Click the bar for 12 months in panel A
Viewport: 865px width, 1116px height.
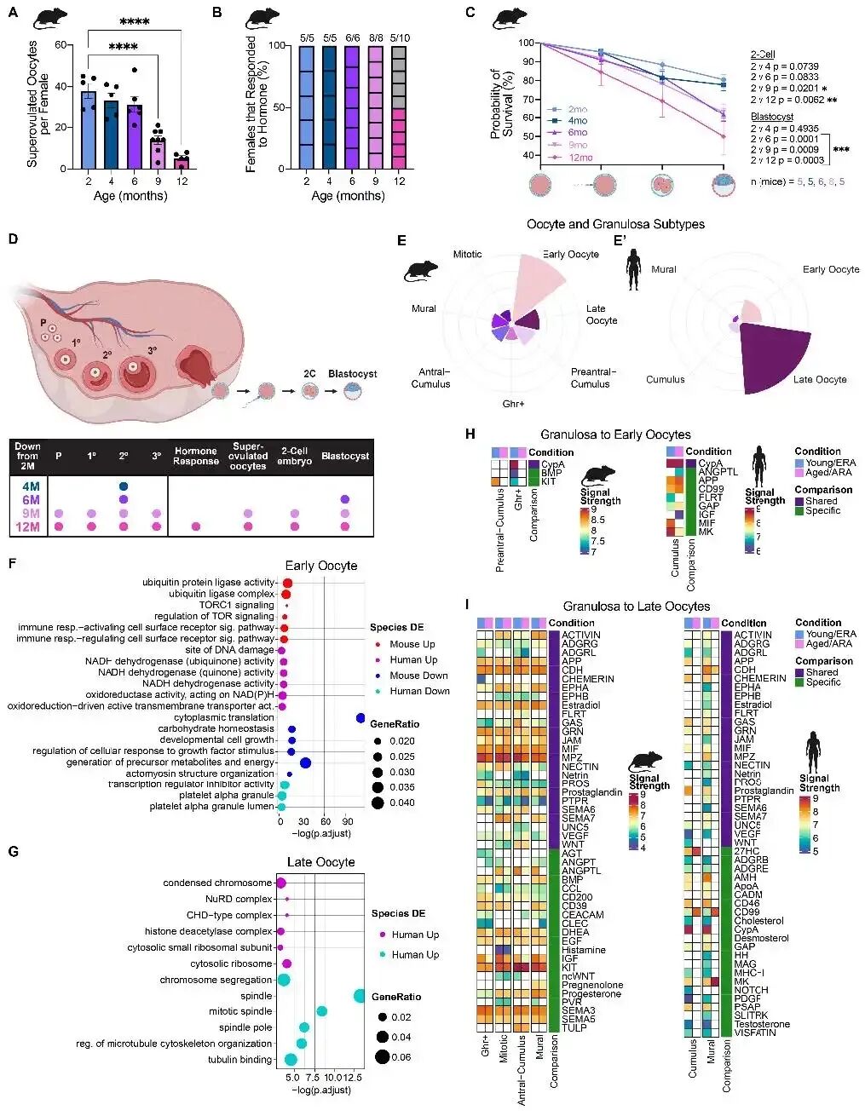click(x=181, y=163)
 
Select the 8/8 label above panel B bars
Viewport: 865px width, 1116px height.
click(x=376, y=37)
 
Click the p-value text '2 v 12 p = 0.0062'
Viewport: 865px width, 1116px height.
click(x=787, y=100)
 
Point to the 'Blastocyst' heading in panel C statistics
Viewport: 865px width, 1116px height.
click(x=771, y=117)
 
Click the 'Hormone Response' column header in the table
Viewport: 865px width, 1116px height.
click(x=196, y=456)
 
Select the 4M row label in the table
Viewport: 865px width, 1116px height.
click(x=31, y=486)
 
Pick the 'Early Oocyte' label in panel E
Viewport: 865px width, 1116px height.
click(x=570, y=254)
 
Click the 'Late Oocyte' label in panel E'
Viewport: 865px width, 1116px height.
click(x=820, y=379)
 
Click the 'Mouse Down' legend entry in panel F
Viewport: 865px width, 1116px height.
click(x=418, y=676)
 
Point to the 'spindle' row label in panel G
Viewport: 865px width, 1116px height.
click(x=257, y=996)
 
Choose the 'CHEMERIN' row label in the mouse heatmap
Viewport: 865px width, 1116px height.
click(x=589, y=679)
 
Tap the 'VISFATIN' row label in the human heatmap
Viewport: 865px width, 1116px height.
click(x=755, y=1033)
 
